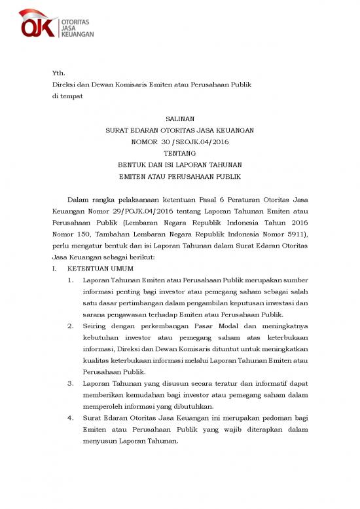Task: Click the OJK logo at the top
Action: (x=56, y=24)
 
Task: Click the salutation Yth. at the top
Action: (x=59, y=73)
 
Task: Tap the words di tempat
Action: (x=67, y=96)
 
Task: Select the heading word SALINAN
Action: (x=180, y=119)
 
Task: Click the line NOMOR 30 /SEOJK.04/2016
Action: (x=180, y=141)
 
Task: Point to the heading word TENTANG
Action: (x=180, y=153)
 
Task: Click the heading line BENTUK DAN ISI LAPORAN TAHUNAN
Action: (x=180, y=164)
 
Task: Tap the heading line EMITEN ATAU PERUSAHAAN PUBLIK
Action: (x=180, y=176)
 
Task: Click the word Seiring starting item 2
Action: (x=96, y=326)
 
